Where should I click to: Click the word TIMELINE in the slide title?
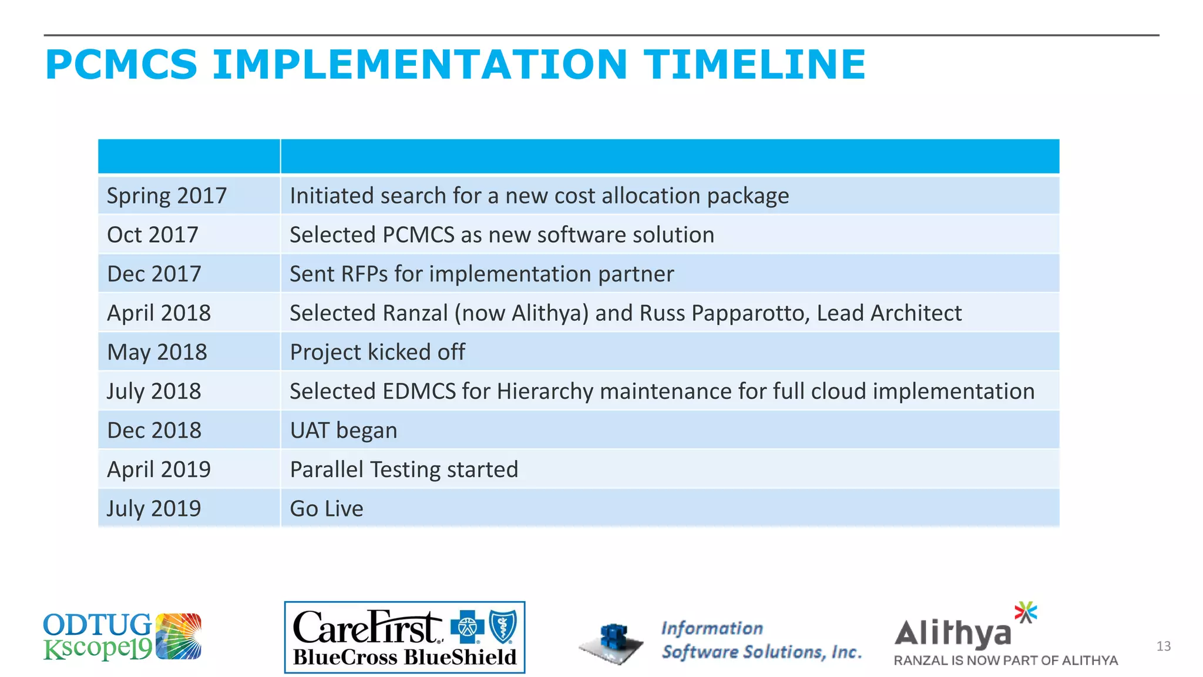[x=754, y=65]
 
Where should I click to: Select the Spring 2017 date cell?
[x=167, y=196]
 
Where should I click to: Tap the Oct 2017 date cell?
[x=153, y=235]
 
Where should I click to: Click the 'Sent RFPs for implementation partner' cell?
[x=482, y=274]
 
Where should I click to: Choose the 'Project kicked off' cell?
[x=377, y=353]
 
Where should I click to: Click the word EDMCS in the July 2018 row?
[x=419, y=391]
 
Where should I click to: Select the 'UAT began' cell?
[x=344, y=431]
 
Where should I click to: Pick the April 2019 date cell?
[x=159, y=470]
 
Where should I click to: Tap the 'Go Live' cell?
[x=327, y=509]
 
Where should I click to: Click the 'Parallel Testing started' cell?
[x=404, y=470]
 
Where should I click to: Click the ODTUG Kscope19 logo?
[x=122, y=637]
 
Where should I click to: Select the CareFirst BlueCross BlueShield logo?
[x=404, y=637]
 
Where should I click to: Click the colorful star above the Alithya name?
[x=1026, y=612]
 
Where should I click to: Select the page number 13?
[x=1163, y=646]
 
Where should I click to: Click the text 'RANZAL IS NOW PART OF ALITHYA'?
[x=1006, y=661]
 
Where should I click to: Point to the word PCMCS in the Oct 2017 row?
[x=418, y=235]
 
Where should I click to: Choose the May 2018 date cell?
[x=157, y=353]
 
